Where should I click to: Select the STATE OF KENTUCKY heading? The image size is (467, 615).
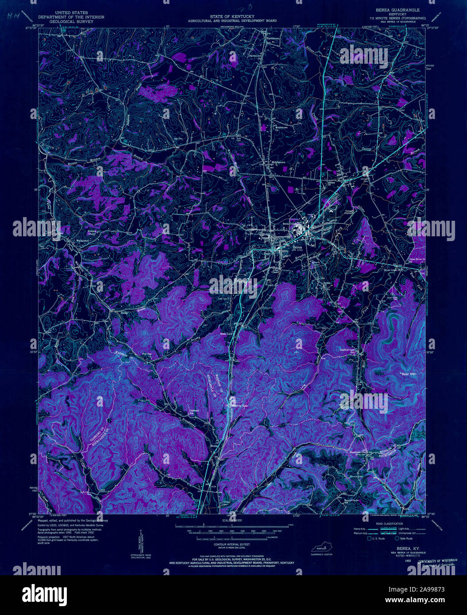(x=232, y=16)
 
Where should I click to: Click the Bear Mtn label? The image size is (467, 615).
(x=409, y=374)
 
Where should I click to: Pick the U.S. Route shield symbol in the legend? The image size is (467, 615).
(x=369, y=538)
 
